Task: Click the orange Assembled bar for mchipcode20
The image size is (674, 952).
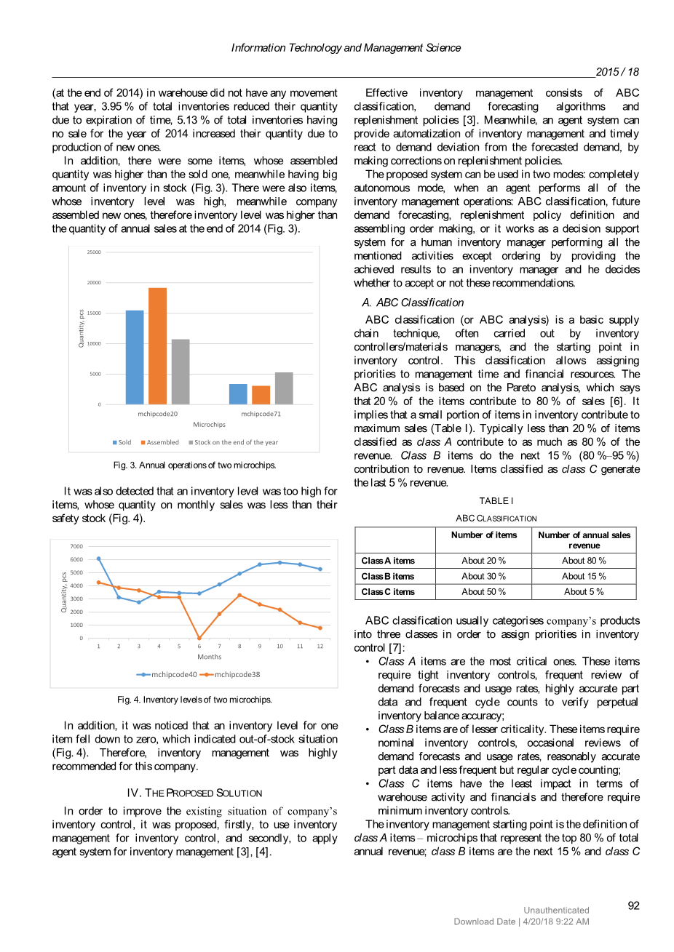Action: (157, 345)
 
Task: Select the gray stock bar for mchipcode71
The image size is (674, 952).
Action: (284, 388)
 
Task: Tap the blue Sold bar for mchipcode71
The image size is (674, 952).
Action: (238, 393)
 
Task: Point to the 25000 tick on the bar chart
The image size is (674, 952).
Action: (94, 252)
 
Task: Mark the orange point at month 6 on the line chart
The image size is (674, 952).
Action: (199, 638)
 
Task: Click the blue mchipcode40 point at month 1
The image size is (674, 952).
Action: (99, 559)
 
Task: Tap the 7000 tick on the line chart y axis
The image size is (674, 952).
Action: (76, 546)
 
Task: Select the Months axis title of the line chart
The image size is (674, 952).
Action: (210, 657)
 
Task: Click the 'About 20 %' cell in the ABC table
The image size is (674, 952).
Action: (483, 561)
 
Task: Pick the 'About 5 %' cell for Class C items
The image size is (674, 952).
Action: (584, 592)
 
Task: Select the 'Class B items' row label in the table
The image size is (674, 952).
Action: (388, 576)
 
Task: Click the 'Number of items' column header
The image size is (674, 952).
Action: (484, 535)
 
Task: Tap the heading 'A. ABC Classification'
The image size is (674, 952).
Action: (413, 303)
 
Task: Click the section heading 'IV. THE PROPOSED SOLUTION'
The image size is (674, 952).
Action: (194, 793)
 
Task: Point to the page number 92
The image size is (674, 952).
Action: (633, 905)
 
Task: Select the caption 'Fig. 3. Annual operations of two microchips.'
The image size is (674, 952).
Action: (194, 465)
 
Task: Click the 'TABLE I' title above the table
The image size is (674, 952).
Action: (496, 501)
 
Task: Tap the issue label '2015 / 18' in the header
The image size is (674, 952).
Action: (616, 72)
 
